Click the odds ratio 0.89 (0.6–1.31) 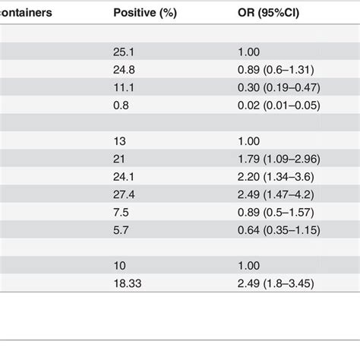click(x=276, y=68)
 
